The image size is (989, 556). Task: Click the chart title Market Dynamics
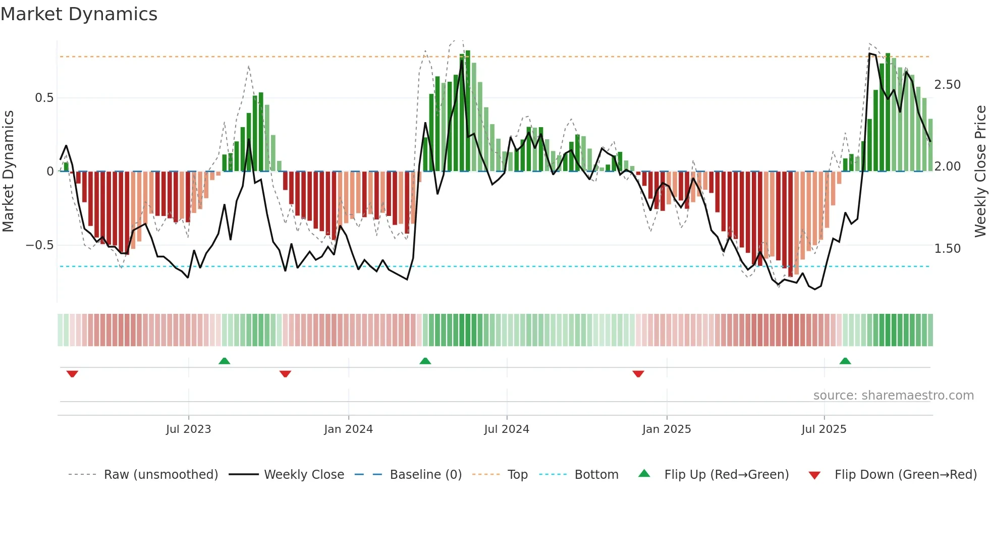point(79,14)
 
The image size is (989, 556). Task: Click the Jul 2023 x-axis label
point(188,429)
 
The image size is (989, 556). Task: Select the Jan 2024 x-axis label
point(348,429)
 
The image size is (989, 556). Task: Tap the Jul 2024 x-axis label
point(507,429)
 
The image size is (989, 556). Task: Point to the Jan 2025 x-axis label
point(667,429)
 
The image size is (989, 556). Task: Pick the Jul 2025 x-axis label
point(824,429)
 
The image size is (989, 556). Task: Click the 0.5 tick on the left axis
point(44,98)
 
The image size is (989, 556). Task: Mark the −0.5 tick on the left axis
point(40,246)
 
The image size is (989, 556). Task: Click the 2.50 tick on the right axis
point(948,85)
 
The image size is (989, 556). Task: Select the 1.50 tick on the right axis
point(948,249)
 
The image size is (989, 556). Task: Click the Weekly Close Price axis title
point(980,172)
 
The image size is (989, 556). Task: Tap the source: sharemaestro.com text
point(894,396)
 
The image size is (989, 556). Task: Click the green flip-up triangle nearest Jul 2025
point(845,361)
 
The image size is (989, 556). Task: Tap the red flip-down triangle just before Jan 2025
point(638,374)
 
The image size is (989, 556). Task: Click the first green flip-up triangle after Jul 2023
point(225,361)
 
